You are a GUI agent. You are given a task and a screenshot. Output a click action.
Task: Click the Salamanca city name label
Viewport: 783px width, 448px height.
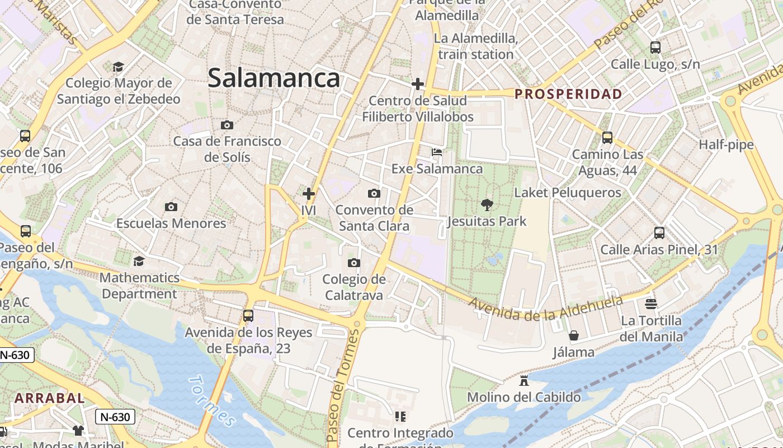coord(273,78)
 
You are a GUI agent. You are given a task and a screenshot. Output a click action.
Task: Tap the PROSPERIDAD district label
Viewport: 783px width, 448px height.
coord(568,94)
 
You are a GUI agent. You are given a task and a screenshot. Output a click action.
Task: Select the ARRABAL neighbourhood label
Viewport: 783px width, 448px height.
coord(49,398)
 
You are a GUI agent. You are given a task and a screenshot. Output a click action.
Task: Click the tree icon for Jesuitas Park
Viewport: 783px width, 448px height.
coord(487,205)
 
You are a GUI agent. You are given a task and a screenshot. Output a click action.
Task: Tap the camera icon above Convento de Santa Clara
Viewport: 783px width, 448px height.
coord(374,194)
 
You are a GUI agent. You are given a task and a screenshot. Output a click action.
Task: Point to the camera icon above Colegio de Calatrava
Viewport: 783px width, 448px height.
coord(353,263)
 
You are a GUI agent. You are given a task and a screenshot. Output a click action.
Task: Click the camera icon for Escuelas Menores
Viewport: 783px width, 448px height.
coord(171,207)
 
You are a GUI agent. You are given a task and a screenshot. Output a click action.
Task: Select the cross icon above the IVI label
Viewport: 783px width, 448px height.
coord(308,194)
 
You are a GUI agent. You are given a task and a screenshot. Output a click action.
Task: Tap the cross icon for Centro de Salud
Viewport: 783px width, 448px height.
coord(417,84)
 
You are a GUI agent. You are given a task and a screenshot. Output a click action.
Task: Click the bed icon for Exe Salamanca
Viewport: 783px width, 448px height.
coord(437,152)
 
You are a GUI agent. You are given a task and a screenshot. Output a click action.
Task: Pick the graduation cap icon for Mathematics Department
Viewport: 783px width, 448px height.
coord(139,261)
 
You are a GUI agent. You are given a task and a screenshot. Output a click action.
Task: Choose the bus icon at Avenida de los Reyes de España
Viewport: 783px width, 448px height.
coord(248,316)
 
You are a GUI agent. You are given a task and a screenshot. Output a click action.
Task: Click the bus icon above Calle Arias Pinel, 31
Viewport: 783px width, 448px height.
coord(659,233)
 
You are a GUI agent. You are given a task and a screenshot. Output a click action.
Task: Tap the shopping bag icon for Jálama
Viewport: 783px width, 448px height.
coord(574,335)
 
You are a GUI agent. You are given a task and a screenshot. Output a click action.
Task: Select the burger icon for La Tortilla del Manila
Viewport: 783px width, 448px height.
coord(651,304)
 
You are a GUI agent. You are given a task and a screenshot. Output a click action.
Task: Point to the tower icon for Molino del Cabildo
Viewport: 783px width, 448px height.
coord(524,381)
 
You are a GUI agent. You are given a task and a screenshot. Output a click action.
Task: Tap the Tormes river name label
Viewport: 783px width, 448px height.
coord(211,400)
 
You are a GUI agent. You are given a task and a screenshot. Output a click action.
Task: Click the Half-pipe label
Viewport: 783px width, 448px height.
coord(726,145)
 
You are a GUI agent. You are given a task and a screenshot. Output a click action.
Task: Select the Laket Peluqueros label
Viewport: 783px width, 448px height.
coord(567,193)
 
